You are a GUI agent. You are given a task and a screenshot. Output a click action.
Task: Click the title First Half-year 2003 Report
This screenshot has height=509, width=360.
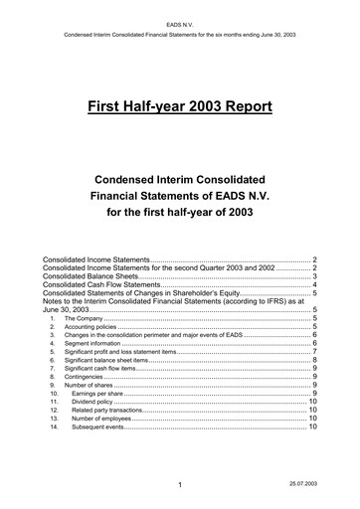point(180,105)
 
